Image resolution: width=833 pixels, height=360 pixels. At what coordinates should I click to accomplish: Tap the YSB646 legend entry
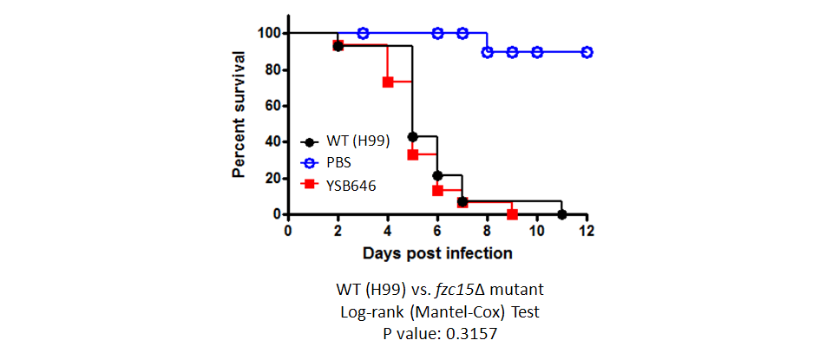338,186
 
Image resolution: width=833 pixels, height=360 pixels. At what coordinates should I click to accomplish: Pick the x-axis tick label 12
587,231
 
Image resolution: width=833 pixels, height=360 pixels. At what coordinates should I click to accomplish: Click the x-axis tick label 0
287,231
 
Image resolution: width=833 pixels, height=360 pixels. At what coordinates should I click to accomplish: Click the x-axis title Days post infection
437,253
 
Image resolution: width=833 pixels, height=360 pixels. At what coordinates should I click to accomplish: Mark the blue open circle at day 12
587,52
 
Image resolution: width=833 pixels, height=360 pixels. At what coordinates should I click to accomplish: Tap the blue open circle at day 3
363,34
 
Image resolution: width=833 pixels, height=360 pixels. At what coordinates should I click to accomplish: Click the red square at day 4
387,82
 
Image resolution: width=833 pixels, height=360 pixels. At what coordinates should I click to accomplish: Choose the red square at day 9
512,214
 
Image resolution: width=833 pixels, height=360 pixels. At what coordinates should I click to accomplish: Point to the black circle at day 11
562,214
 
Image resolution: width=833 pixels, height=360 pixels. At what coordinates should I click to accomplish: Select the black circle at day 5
412,136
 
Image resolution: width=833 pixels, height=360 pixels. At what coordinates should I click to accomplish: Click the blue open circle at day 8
487,52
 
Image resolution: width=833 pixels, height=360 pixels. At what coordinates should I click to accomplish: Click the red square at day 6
437,190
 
